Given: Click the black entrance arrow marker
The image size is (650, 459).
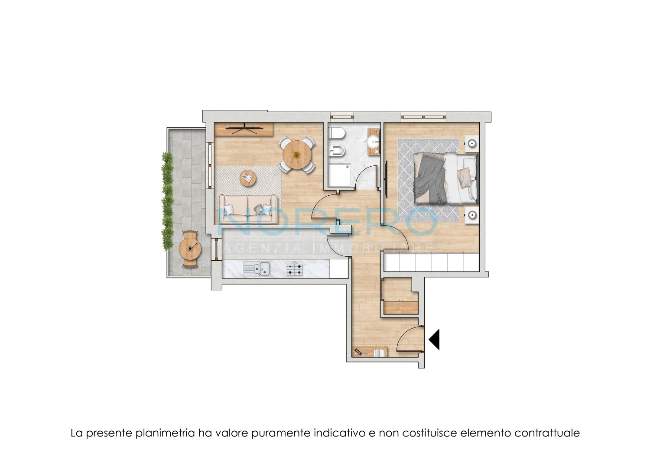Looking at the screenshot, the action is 434,339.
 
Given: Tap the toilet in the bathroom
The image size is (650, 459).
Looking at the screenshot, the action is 336,134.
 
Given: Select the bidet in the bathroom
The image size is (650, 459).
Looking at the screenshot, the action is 337,151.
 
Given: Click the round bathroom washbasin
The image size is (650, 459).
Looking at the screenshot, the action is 373,142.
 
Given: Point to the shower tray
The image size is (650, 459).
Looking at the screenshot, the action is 339,175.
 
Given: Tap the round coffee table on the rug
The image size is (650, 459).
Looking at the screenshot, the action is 248,178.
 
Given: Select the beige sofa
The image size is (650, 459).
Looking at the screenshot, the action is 247,209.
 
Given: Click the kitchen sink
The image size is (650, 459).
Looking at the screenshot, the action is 257,269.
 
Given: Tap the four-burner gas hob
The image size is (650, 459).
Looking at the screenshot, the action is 295,269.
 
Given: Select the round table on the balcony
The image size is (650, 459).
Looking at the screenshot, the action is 190,248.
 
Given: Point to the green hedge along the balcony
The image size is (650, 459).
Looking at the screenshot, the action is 167,201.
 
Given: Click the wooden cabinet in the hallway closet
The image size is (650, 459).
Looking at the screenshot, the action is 401,307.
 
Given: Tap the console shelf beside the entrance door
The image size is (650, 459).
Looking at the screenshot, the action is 370,352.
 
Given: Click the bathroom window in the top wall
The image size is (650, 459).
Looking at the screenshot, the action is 342,116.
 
